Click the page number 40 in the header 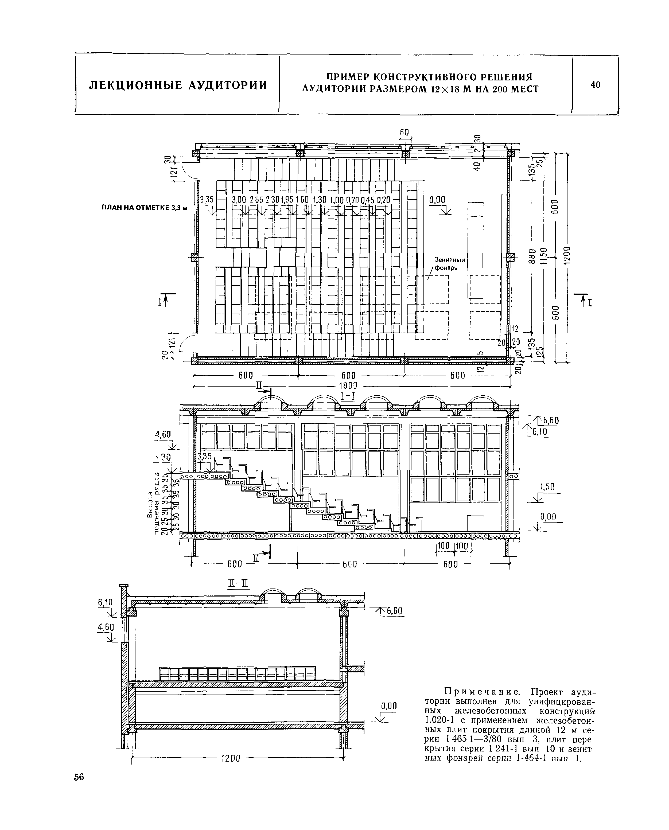596,84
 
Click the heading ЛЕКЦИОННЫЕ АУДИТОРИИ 178,85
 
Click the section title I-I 348,396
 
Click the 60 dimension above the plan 404,132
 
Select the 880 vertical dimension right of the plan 532,256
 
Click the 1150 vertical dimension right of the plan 543,256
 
